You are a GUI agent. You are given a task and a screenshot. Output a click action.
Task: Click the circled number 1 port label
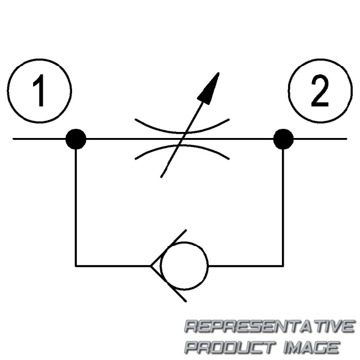pos(40,91)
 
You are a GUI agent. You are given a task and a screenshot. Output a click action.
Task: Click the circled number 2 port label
pos(320,91)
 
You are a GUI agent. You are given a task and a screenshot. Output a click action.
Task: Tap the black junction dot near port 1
pos(76,139)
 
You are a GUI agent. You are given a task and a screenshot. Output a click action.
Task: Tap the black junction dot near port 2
pos(283,139)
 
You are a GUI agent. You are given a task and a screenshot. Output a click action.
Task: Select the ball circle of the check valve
pos(184,266)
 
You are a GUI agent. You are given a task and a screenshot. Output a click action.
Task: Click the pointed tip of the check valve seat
pos(151,266)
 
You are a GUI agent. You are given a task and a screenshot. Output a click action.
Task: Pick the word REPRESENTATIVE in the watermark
pos(269,326)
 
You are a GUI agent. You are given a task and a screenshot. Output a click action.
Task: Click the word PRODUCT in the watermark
pos(230,347)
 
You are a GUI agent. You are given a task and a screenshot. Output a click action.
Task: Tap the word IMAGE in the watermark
pos(311,347)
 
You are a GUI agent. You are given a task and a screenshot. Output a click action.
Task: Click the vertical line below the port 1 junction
pos(76,208)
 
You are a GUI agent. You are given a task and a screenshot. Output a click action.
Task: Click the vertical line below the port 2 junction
pos(283,208)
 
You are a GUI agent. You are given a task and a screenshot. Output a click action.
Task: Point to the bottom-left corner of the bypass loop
pos(76,266)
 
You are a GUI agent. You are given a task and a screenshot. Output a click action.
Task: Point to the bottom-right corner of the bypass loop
pos(283,266)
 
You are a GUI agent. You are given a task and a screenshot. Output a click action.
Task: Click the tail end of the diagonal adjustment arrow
pos(161,177)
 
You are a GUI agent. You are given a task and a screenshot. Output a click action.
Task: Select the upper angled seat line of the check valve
pos(168,248)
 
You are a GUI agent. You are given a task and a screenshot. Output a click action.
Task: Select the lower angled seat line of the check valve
pos(168,284)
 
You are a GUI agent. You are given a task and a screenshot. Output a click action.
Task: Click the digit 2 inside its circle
pos(320,91)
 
